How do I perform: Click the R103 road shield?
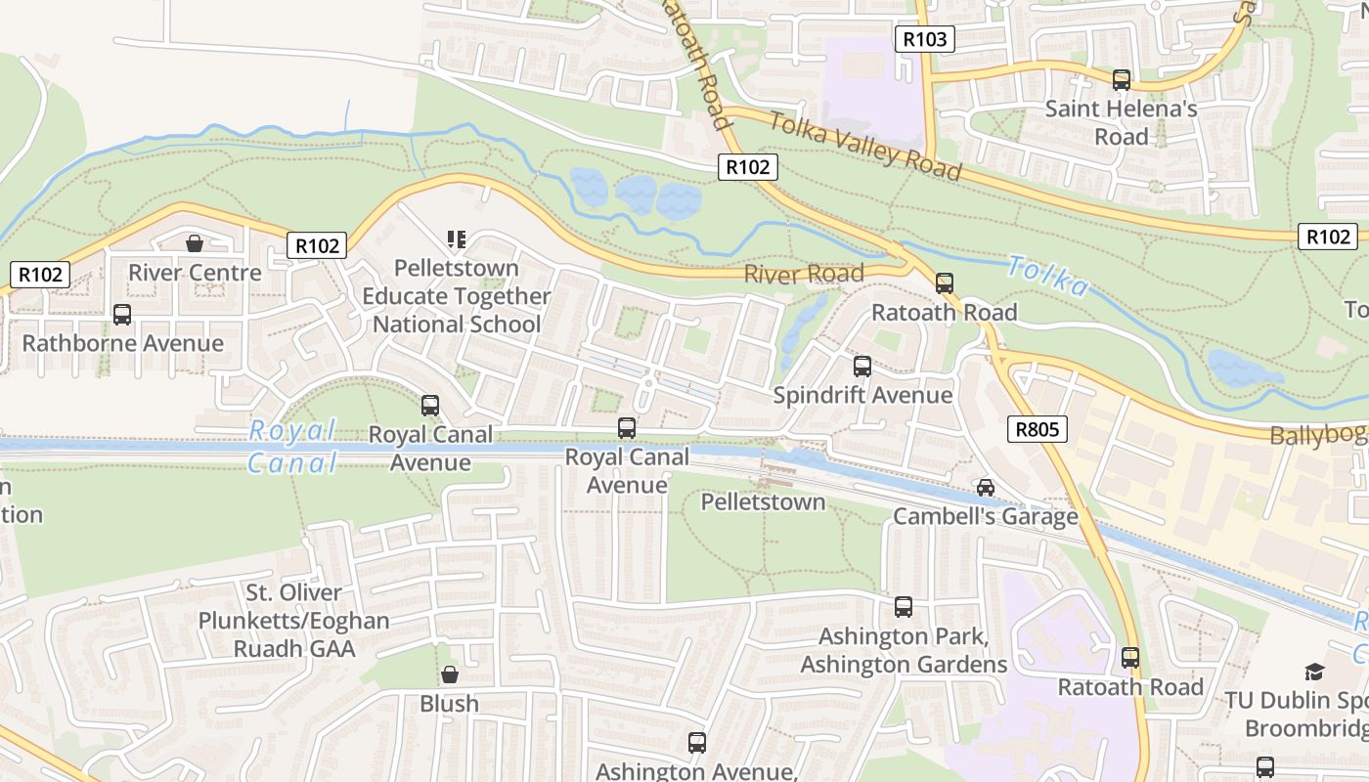click(x=924, y=39)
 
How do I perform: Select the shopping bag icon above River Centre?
click(x=195, y=242)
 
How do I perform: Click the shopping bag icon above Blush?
click(x=450, y=674)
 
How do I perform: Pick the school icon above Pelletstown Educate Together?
click(x=456, y=239)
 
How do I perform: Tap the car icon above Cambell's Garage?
click(x=986, y=487)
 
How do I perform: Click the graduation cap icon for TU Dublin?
click(x=1314, y=672)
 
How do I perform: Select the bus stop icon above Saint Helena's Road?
click(x=1122, y=80)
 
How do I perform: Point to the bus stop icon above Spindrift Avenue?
click(x=862, y=367)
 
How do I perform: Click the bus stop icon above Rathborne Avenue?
click(x=122, y=315)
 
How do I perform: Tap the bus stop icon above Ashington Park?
click(x=904, y=607)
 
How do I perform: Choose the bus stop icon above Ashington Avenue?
click(x=697, y=743)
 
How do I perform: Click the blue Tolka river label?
click(x=1046, y=276)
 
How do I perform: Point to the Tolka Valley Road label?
click(x=864, y=147)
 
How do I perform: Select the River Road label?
click(x=804, y=274)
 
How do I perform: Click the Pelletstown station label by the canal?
click(x=763, y=502)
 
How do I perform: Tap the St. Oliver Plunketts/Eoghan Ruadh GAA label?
click(x=293, y=620)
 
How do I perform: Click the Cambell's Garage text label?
click(x=986, y=516)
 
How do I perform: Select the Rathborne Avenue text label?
click(x=122, y=343)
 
